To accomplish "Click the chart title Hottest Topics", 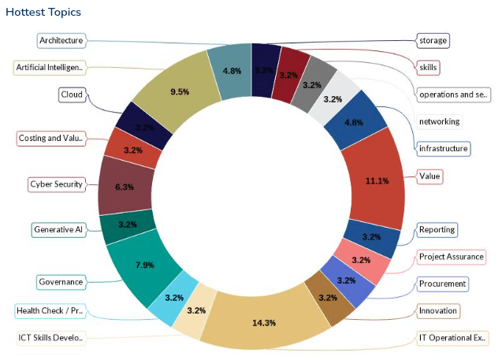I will tap(43, 13).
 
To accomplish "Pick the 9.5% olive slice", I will tap(180, 91).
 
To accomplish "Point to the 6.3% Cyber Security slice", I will tap(125, 187).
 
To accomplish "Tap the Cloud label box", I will tap(71, 95).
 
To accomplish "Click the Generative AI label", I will tap(58, 230).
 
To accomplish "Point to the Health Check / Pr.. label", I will tap(49, 310).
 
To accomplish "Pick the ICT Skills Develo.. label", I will tap(50, 338).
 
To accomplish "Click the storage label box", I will tap(433, 40).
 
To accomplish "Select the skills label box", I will tap(428, 68).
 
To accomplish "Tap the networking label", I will tap(439, 121).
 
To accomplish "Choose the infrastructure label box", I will tap(444, 148).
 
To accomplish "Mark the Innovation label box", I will tap(437, 311).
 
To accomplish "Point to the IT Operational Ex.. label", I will tap(452, 338).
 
